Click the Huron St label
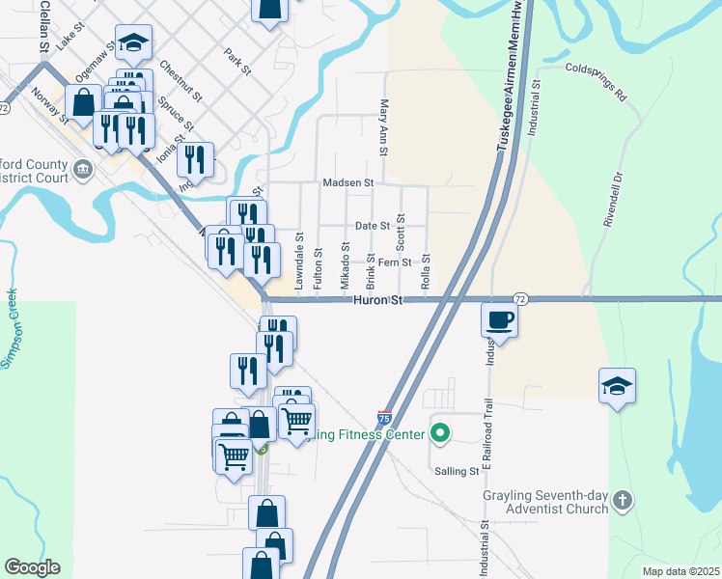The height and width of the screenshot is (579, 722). coord(375,301)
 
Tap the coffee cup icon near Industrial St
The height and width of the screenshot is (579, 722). coord(499,320)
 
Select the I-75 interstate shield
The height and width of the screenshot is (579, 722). coord(384,418)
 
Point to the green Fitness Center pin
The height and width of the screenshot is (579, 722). coord(440,434)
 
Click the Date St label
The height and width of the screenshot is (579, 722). coord(372,226)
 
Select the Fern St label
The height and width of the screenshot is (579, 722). coord(395,262)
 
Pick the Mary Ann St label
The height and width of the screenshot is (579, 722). coord(384,127)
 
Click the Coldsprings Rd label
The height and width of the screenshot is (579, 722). coord(597,69)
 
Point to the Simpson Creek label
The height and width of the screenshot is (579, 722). coord(11,328)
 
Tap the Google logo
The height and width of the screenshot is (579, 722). coord(32,567)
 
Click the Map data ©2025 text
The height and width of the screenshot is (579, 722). coord(680,571)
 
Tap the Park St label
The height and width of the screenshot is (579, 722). coord(236,63)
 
